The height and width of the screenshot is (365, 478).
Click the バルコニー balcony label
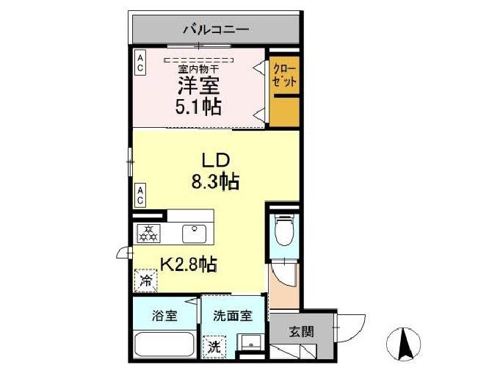point(216,31)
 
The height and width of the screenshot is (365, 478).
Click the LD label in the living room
point(217,159)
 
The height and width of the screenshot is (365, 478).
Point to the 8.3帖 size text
point(217,181)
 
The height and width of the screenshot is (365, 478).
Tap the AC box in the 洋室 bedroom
point(140,62)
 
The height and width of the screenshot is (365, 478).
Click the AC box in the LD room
point(140,194)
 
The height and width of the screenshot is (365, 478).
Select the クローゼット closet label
point(285,76)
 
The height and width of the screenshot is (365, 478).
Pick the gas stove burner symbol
point(148,233)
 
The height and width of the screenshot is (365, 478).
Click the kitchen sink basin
point(195,232)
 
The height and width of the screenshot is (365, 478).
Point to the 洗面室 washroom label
point(233,316)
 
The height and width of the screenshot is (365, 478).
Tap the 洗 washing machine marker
point(214,345)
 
